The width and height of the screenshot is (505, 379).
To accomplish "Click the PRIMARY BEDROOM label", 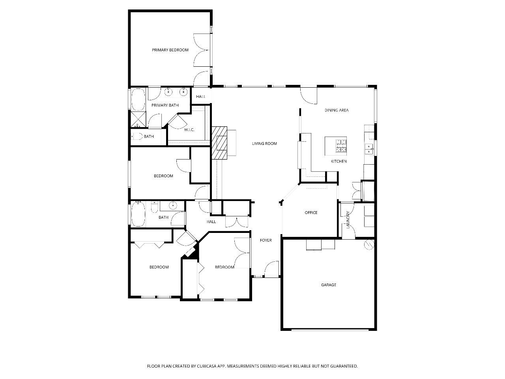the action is tap(170, 50).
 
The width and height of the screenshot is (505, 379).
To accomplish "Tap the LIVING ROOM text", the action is tap(264, 144).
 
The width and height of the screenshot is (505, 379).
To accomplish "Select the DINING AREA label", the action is tap(337, 110).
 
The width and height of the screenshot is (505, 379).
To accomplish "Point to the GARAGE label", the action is tap(329, 285).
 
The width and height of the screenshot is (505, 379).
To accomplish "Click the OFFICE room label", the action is tap(311, 213).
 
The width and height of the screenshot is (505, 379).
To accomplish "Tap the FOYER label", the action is tap(266, 240).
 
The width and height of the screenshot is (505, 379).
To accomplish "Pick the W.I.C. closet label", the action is tap(189, 130).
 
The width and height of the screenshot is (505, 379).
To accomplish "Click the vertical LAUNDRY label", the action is tap(348, 220).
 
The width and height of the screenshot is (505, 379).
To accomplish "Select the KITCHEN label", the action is tap(339, 161).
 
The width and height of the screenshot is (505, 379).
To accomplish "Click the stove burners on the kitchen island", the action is tap(341, 146).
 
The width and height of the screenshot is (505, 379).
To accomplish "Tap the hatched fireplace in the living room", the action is tap(219, 143).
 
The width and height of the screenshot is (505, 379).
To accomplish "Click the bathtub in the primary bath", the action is tap(138, 99).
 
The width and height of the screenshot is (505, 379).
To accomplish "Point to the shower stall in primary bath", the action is tap(138, 119).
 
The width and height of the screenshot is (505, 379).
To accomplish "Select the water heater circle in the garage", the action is tap(369, 245).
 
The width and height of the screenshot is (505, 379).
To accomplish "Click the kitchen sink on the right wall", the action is tap(369, 149).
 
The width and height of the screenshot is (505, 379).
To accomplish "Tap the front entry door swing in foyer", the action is tap(272, 269).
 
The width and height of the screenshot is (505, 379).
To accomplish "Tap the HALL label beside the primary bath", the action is tap(201, 97).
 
